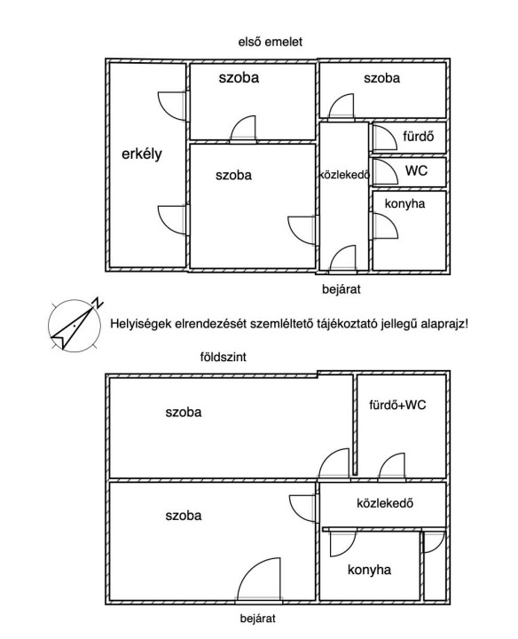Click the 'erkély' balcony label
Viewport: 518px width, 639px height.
click(142, 154)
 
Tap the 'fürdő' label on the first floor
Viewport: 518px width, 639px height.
click(419, 136)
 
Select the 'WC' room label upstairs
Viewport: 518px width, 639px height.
click(416, 170)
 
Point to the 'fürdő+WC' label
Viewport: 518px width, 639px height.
click(397, 405)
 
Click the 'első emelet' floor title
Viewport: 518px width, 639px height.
click(271, 42)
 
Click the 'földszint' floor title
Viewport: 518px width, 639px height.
click(224, 357)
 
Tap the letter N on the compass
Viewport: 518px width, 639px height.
click(98, 303)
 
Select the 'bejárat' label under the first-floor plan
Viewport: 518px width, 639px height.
click(341, 289)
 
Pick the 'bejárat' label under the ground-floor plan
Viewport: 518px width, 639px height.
click(258, 619)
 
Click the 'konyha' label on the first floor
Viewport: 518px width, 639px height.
click(404, 203)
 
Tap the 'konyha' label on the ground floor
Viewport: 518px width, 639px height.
click(369, 569)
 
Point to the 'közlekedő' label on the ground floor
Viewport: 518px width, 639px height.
click(385, 503)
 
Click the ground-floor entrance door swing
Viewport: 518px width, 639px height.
click(259, 579)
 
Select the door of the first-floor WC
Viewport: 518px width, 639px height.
click(384, 171)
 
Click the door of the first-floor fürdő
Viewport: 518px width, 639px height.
click(384, 138)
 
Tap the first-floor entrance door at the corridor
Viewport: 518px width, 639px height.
click(342, 258)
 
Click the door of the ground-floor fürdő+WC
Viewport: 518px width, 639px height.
click(392, 466)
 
